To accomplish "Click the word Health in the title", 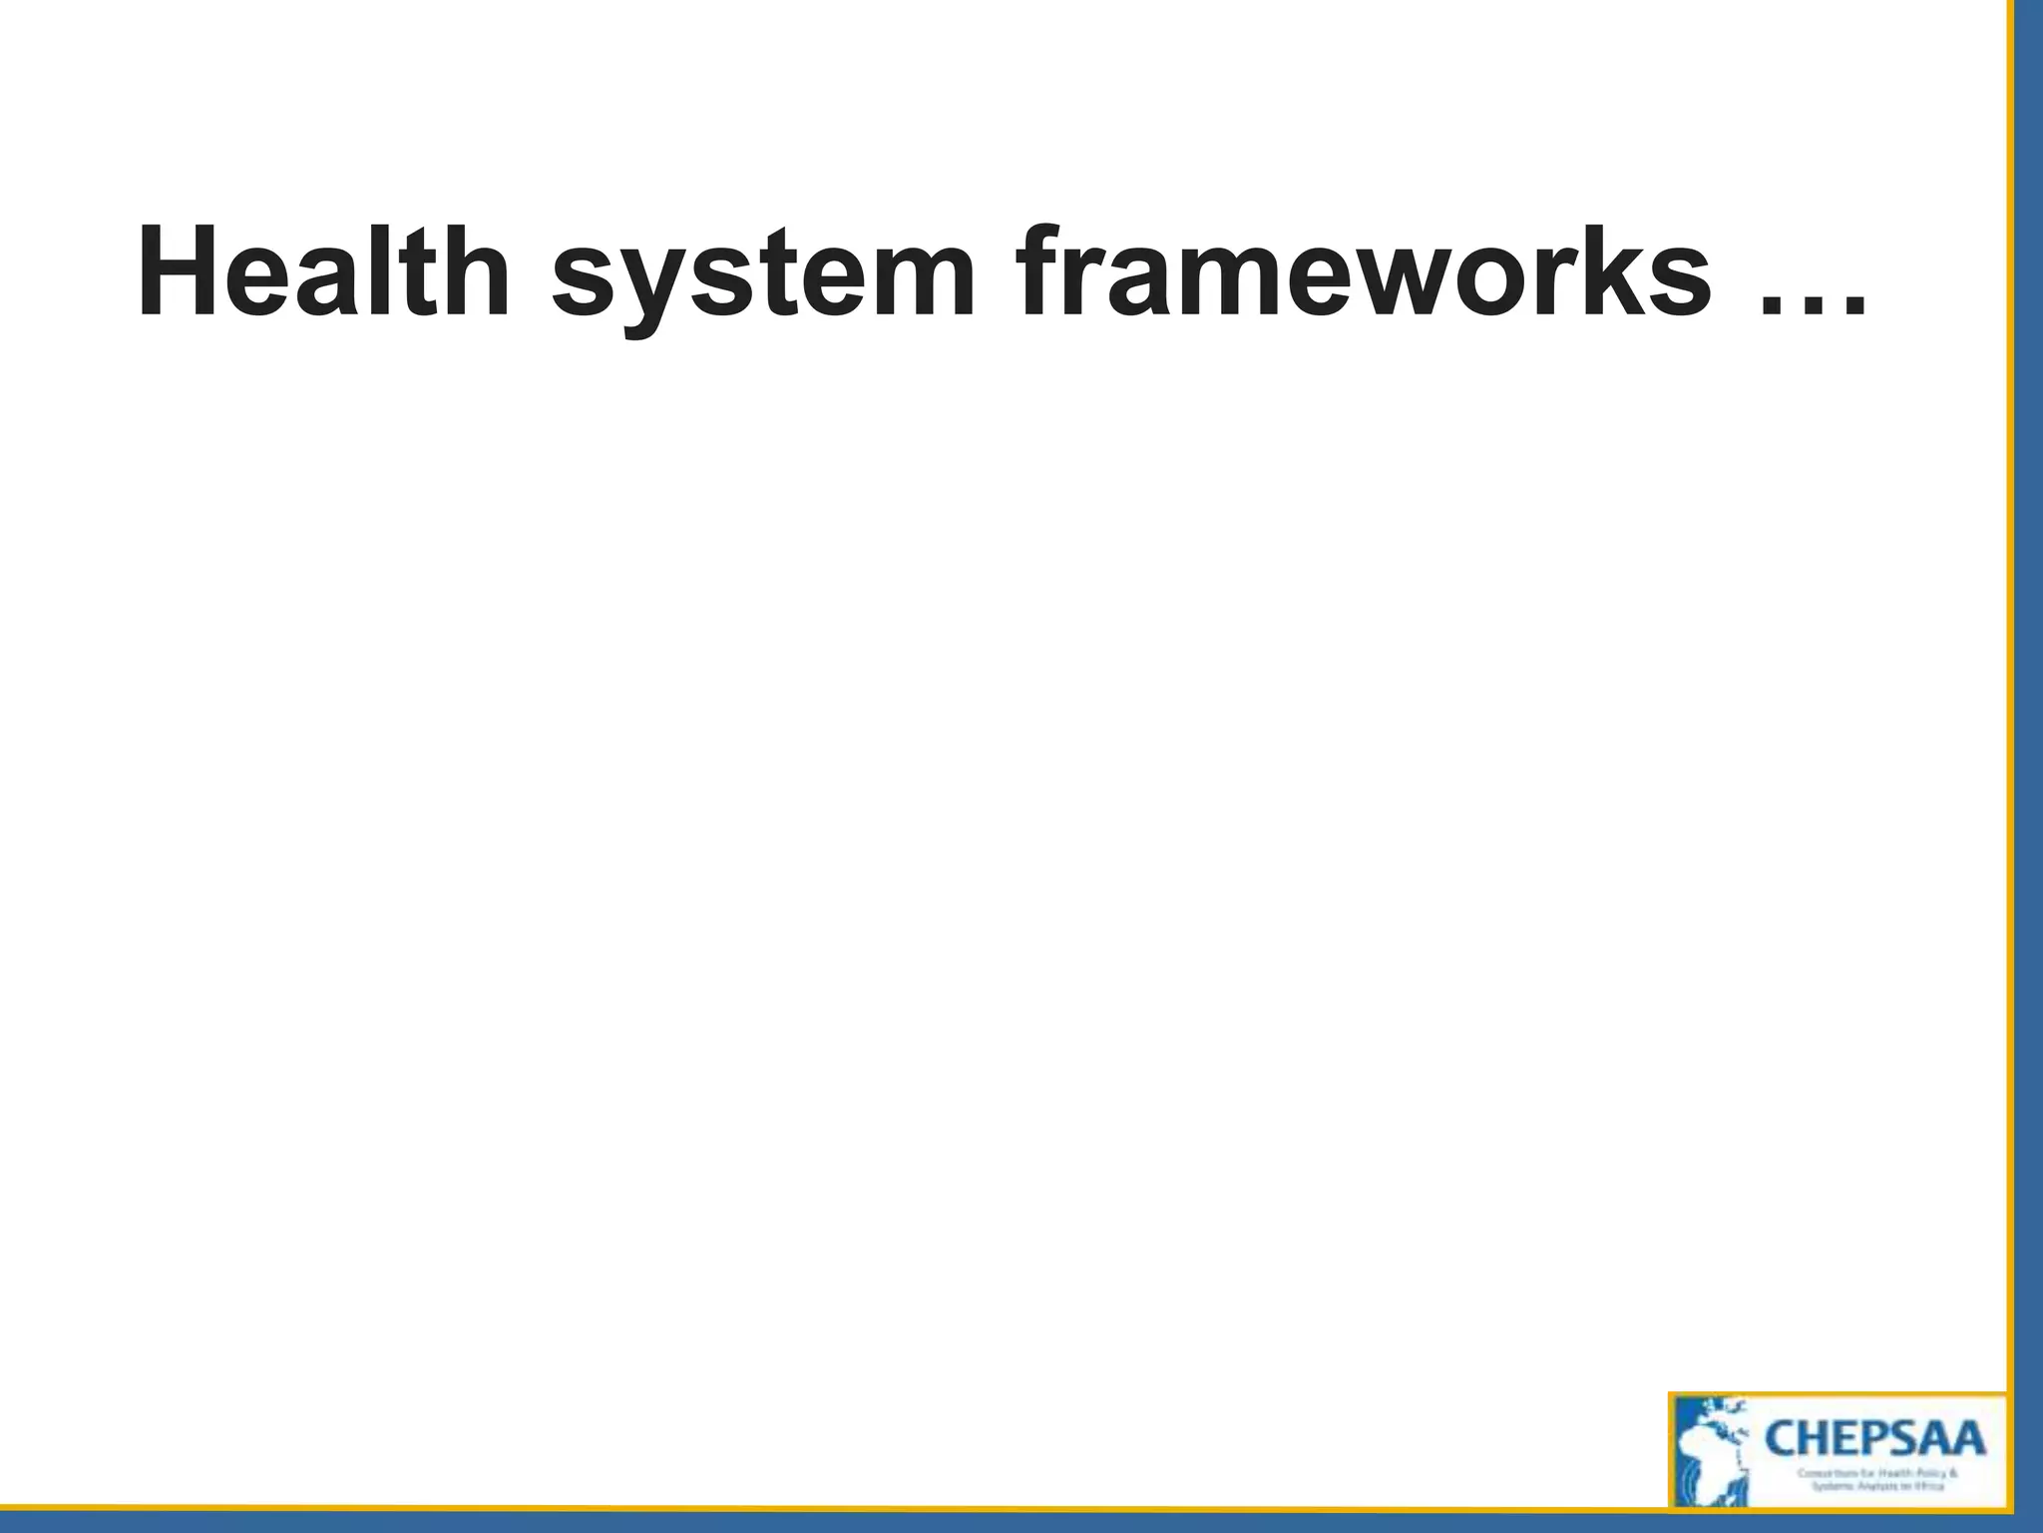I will pos(324,272).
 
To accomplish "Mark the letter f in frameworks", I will pos(1043,272).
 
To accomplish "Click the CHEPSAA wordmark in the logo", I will pos(1874,1440).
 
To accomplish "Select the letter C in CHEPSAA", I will pos(1783,1440).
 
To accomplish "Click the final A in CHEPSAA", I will pos(1964,1440).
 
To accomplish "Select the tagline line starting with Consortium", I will pos(1876,1473).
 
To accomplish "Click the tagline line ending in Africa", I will pos(1876,1486).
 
